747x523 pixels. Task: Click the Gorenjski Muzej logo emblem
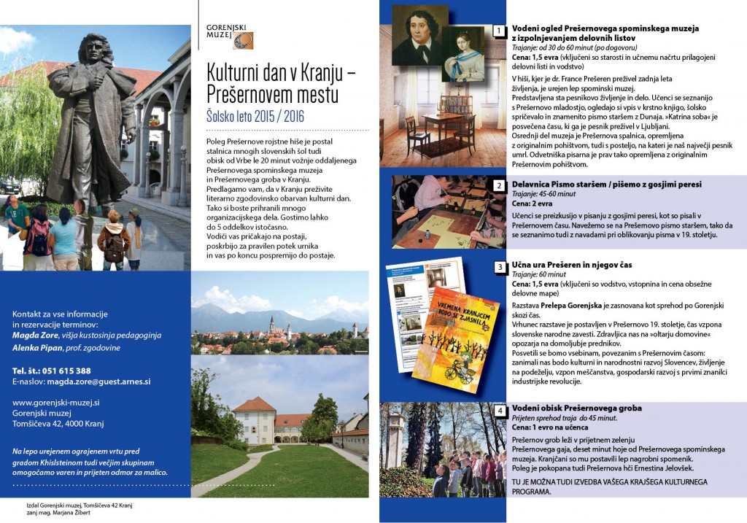(244, 40)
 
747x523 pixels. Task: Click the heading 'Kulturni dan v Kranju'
(281, 74)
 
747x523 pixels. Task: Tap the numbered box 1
(499, 31)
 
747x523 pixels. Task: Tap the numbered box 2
(499, 185)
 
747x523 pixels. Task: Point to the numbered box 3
(499, 267)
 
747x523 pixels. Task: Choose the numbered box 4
(499, 411)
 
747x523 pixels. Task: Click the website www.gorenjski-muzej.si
(56, 402)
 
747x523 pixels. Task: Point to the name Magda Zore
(36, 336)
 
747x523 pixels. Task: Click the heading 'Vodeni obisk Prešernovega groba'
(577, 408)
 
